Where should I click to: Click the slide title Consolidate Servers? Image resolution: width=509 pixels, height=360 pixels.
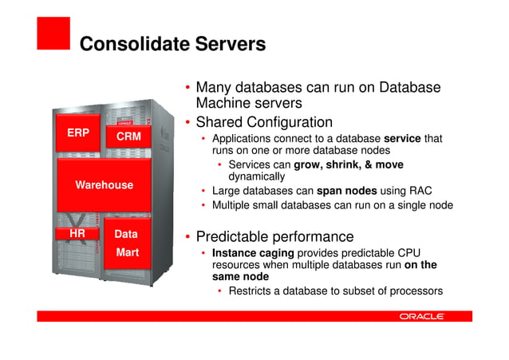coord(172,44)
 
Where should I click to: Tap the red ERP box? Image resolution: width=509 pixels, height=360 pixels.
coord(78,133)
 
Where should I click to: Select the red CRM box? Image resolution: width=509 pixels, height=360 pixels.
coord(128,137)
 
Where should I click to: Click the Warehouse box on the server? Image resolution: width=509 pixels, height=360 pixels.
coord(104,185)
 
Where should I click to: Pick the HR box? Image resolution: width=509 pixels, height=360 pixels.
coord(77,234)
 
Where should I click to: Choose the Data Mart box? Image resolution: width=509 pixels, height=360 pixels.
coord(126,243)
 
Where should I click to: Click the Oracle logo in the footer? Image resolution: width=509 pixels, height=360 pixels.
coord(421,317)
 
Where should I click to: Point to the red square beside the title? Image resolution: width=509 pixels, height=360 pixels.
coord(53,34)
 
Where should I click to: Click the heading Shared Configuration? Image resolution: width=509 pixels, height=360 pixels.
coord(264,123)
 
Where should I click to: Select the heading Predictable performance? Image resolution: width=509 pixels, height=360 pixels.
coord(274,237)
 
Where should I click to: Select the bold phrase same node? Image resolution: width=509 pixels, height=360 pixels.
coord(240,276)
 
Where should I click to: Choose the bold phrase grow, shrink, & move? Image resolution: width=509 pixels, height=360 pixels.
coord(349,165)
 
